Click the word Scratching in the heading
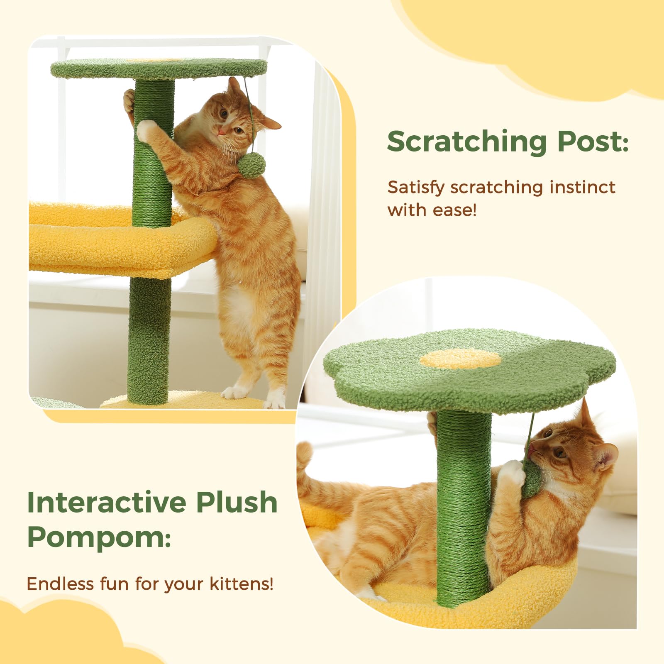click(467, 142)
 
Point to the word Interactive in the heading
click(106, 503)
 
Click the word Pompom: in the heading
click(99, 537)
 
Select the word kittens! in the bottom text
click(241, 584)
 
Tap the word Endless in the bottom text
click(60, 584)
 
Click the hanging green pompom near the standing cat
click(251, 165)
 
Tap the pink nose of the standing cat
click(222, 132)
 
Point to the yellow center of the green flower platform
click(460, 359)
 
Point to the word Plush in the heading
click(237, 503)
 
